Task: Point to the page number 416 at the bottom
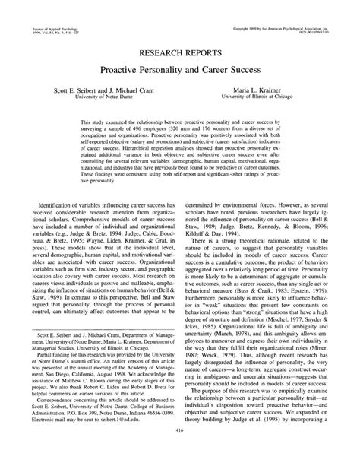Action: pyautogui.click(x=180, y=452)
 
